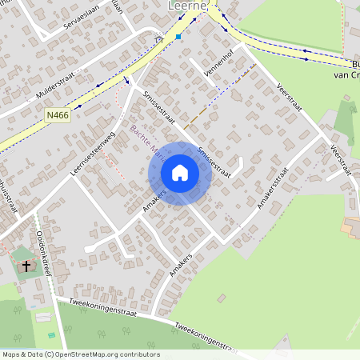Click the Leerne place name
coord(188,5)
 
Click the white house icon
coord(180,173)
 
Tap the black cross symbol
coord(26,265)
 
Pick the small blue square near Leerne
coord(178,37)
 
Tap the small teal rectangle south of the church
coord(53,334)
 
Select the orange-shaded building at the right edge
coord(350,227)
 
